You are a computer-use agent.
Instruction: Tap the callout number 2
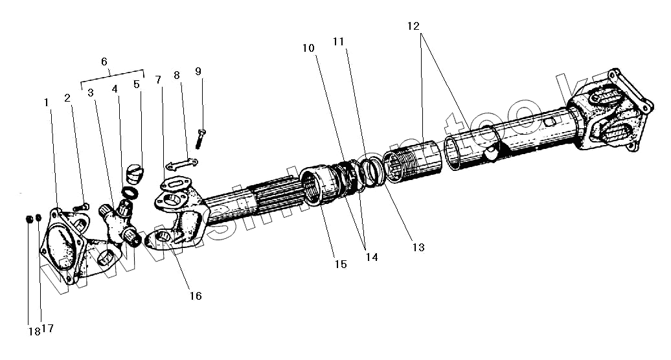coord(67,98)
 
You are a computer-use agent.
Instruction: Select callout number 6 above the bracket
coord(104,62)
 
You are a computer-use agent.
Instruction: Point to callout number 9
coord(198,71)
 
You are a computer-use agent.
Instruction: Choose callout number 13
coord(418,246)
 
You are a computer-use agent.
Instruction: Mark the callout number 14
coord(371,257)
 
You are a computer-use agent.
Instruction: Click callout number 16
coord(195,296)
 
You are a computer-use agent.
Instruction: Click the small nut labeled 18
coord(30,218)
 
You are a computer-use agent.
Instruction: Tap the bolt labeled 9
coord(201,138)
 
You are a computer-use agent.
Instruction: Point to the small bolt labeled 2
coord(81,206)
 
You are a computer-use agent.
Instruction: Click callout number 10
coord(308,49)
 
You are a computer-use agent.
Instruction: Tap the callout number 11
coord(338,41)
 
